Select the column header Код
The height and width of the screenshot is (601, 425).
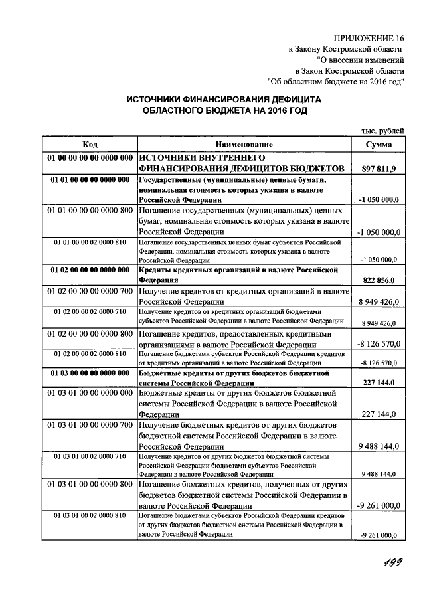pyautogui.click(x=90, y=145)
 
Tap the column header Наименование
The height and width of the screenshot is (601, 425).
pyautogui.click(x=244, y=145)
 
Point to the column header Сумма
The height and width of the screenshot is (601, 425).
pyautogui.click(x=378, y=145)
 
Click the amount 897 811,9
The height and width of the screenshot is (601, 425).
pyautogui.click(x=379, y=169)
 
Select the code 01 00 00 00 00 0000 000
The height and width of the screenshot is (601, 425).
pyautogui.click(x=90, y=158)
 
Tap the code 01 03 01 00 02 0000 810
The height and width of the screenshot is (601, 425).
pyautogui.click(x=90, y=516)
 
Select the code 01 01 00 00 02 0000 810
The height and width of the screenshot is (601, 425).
pyautogui.click(x=90, y=243)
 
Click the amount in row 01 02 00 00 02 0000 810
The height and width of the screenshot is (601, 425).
pyautogui.click(x=379, y=363)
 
